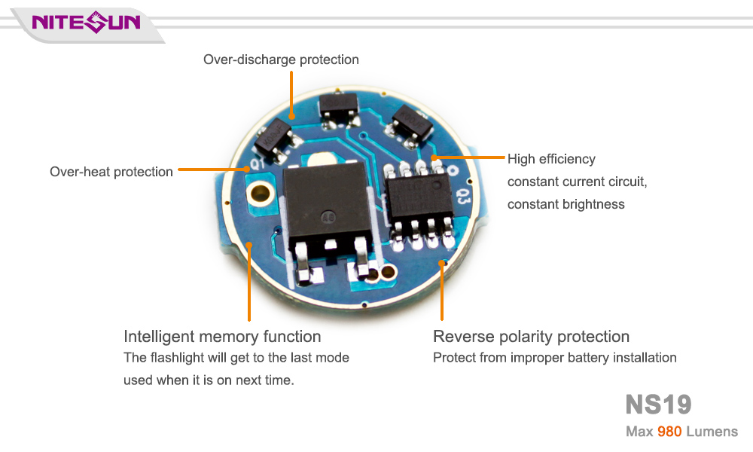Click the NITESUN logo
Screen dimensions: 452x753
(86, 22)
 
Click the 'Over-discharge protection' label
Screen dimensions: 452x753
(281, 60)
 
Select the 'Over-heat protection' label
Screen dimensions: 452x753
(111, 172)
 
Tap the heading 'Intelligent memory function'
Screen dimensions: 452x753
(222, 336)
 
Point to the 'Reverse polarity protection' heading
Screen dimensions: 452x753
(531, 336)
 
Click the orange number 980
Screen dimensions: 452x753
(669, 432)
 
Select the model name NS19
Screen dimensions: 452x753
(658, 405)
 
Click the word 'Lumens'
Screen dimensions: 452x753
(712, 432)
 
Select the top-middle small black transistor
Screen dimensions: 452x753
(338, 108)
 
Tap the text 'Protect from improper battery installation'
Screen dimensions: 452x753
(554, 358)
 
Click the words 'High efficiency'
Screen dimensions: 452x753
(551, 159)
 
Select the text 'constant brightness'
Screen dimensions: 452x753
(566, 204)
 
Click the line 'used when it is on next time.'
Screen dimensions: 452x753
(209, 380)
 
